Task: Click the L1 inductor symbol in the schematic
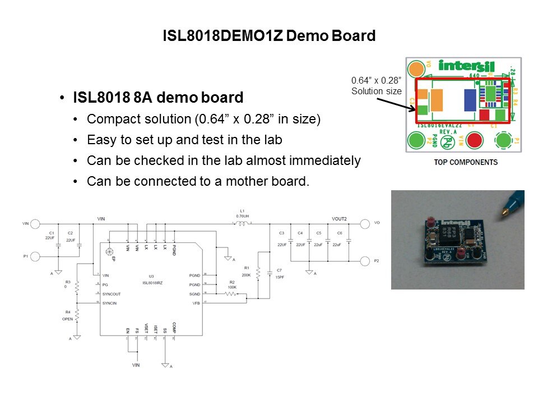coord(242,224)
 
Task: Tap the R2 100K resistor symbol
coord(230,293)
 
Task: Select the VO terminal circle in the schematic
coord(365,224)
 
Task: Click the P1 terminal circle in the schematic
coord(35,256)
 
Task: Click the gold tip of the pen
coord(504,213)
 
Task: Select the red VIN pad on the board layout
coord(475,139)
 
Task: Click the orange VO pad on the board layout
coord(415,69)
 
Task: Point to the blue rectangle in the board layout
coord(469,100)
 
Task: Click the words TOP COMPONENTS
coord(466,162)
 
